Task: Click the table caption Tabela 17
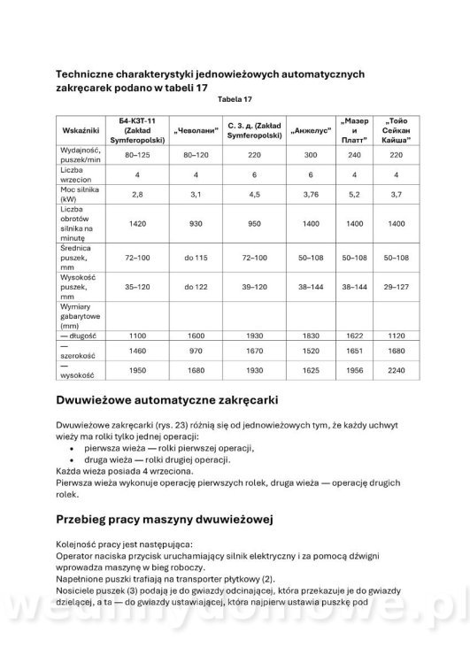(234, 99)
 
